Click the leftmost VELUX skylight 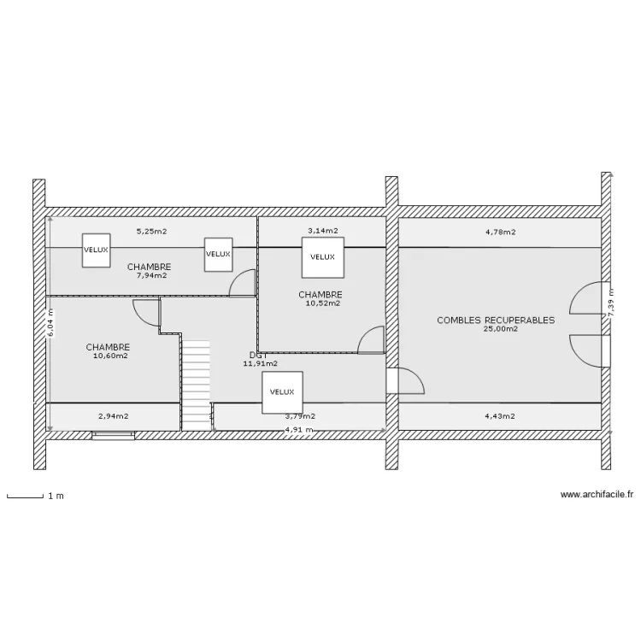click(x=96, y=250)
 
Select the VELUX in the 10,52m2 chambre click(x=322, y=256)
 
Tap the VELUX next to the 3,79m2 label click(x=282, y=391)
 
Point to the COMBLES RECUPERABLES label click(x=496, y=320)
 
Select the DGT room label click(x=259, y=356)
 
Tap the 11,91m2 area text click(x=261, y=364)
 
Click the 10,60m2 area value click(x=110, y=356)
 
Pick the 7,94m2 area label click(x=151, y=275)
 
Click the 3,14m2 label click(x=323, y=231)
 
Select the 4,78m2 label click(x=500, y=231)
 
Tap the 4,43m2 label click(x=499, y=416)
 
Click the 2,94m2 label click(x=113, y=416)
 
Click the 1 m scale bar click(x=26, y=496)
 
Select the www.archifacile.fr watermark click(x=597, y=493)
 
